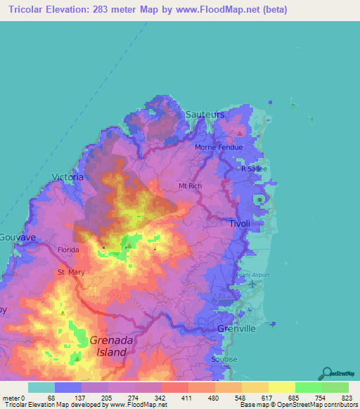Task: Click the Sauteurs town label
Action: (205, 114)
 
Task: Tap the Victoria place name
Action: (67, 177)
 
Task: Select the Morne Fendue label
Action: (219, 148)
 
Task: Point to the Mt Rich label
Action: (191, 186)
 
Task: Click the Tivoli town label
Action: (240, 223)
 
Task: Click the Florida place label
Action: (68, 249)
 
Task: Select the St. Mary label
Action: (70, 272)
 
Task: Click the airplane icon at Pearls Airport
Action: (252, 283)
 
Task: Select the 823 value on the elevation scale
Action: (347, 398)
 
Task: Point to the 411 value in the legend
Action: (187, 398)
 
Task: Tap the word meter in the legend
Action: (12, 398)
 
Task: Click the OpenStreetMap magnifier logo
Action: (328, 372)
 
